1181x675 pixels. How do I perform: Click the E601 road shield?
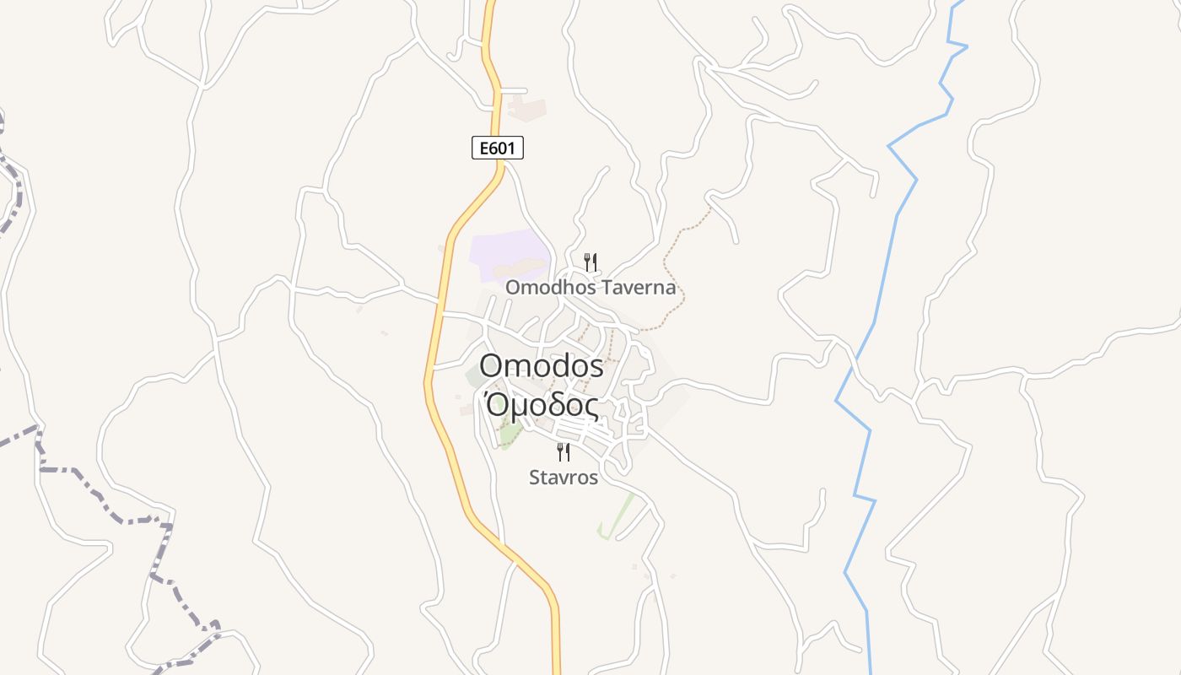coord(497,148)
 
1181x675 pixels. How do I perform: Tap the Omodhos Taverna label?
coord(590,288)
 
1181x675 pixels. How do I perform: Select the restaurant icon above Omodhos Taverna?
coord(590,262)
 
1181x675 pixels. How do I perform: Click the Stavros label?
coord(564,478)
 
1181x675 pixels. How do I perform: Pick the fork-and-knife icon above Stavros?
coord(564,451)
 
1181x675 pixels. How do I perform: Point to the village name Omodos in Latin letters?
coord(542,366)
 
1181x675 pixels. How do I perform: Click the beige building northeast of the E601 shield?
coord(527,108)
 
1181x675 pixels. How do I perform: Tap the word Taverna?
coord(640,288)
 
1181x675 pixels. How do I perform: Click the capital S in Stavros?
coord(534,478)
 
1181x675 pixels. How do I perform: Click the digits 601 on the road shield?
coord(504,148)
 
